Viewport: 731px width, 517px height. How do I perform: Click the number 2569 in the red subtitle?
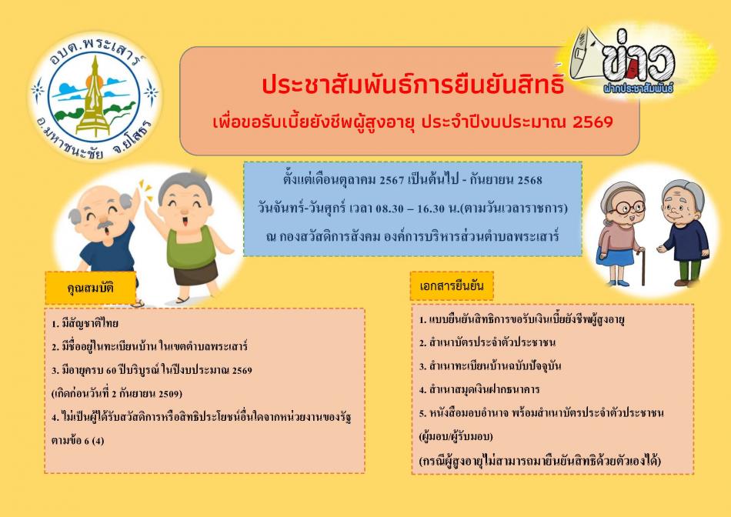click(592, 122)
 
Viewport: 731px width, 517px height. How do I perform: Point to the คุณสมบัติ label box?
click(91, 288)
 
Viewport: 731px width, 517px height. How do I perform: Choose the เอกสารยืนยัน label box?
click(451, 285)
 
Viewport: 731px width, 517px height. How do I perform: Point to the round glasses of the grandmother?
click(628, 207)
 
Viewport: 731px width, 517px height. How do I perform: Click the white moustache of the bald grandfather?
click(105, 225)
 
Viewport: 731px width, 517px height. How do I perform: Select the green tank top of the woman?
click(191, 248)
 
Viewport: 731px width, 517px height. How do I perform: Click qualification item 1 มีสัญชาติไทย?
click(85, 323)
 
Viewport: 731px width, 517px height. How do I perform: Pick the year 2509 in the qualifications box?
click(170, 393)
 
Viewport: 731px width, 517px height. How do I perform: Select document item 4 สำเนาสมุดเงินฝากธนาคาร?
click(479, 389)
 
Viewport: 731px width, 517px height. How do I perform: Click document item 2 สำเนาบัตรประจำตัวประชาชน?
click(487, 342)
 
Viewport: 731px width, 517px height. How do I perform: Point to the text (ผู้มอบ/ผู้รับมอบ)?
click(456, 437)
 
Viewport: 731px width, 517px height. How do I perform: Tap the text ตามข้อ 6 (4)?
click(78, 441)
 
